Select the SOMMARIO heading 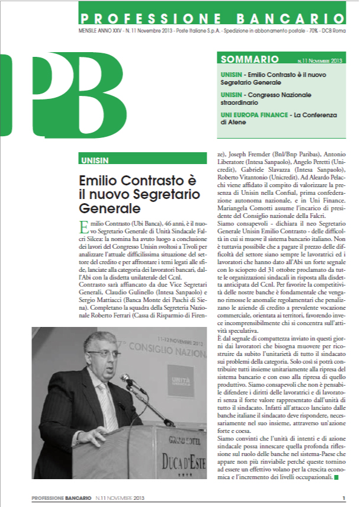[249, 59]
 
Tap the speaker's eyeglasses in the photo [102, 355]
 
